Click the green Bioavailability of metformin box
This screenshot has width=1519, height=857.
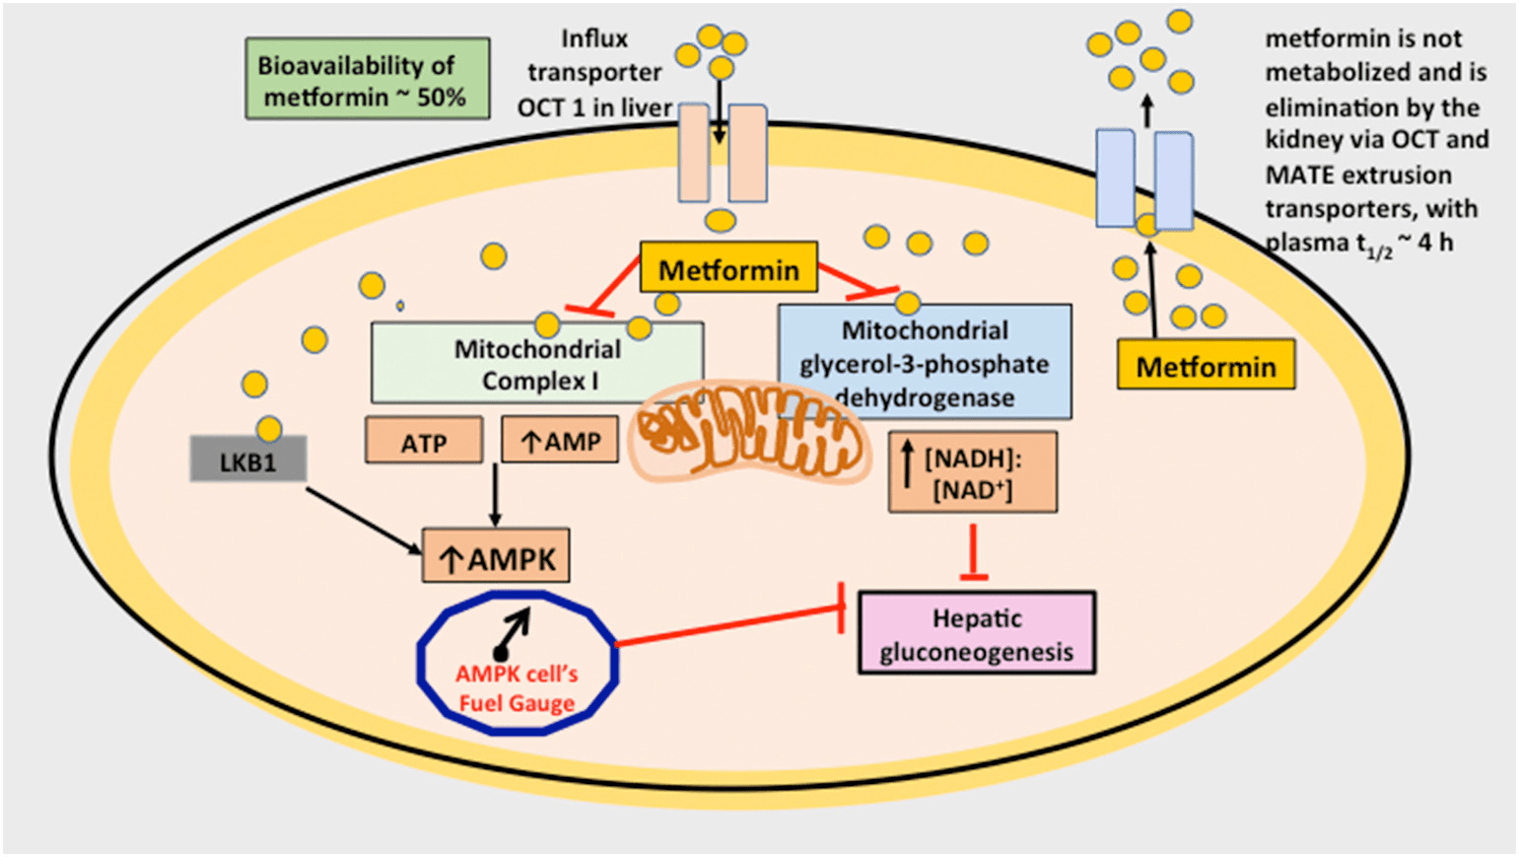pos(367,79)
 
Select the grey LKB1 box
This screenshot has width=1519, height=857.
pos(247,461)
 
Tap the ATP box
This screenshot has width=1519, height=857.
pos(424,441)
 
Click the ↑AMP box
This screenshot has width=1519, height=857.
pos(560,440)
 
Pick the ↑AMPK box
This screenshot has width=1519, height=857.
pos(496,557)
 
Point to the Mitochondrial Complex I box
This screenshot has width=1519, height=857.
pos(537,363)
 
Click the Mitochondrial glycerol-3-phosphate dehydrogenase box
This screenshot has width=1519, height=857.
pos(924,363)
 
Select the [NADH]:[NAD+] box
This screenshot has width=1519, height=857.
pos(973,472)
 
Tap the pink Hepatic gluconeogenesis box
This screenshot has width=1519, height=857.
pos(976,633)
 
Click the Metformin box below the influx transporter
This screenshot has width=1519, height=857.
pos(728,268)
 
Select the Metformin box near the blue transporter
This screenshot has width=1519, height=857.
pos(1206,366)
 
